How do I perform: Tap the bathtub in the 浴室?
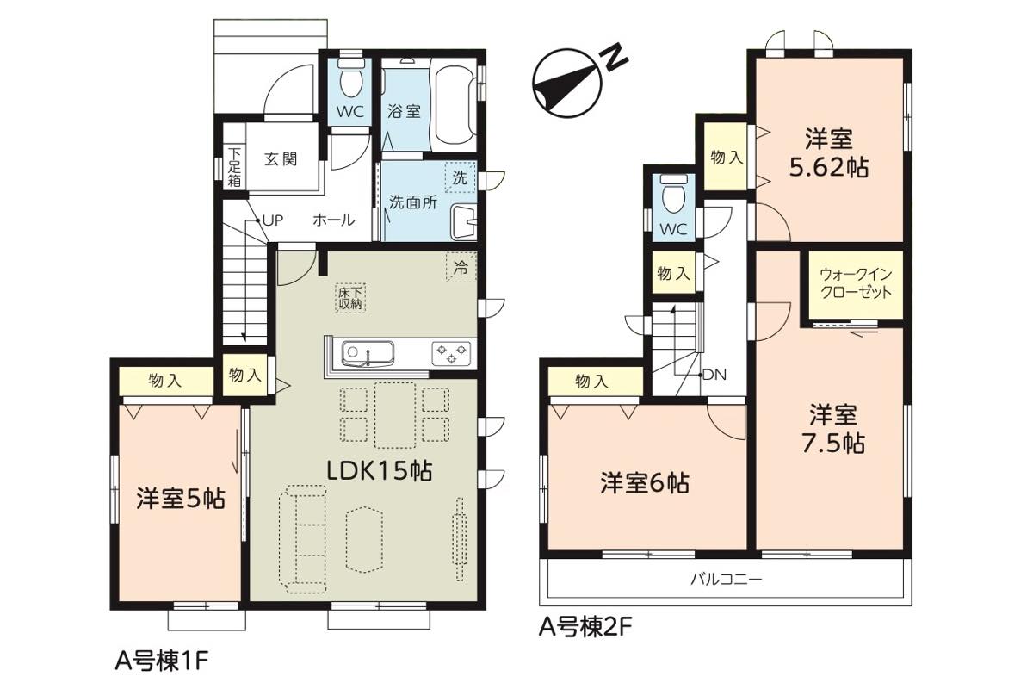coord(455,105)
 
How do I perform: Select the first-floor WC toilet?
coord(351,78)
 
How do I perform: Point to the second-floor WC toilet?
coord(674,194)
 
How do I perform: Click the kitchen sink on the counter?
coord(368,354)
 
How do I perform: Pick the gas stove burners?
coord(451,354)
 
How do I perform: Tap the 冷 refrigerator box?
coord(461,268)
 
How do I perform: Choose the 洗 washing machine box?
coord(461,177)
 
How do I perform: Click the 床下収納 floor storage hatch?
coord(350,298)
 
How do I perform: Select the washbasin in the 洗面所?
coord(462,222)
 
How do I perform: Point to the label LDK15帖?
coord(379,472)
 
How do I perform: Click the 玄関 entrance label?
coord(281,159)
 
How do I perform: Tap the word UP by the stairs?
coord(273,220)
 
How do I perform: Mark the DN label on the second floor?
coord(714,376)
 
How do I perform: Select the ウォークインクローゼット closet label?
coord(856,283)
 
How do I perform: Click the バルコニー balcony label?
coord(727,579)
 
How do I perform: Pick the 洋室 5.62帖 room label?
coord(829,153)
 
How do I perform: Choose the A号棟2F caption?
coord(585,627)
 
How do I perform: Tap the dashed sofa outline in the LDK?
coord(302,538)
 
